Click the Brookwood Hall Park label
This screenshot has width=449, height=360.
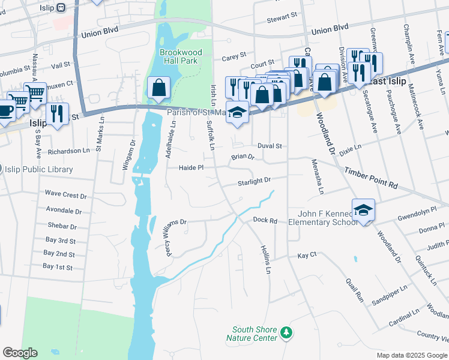pyautogui.click(x=181, y=57)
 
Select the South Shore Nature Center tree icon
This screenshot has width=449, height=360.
pyautogui.click(x=287, y=332)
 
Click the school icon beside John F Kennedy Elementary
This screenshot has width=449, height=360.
pyautogui.click(x=363, y=210)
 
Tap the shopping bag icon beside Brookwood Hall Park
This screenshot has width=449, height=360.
pyautogui.click(x=158, y=88)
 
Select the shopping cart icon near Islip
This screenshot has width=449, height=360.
pyautogui.click(x=35, y=94)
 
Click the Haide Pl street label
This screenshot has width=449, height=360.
pyautogui.click(x=191, y=168)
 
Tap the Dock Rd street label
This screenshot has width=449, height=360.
pyautogui.click(x=265, y=221)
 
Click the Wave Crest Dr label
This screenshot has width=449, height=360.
pyautogui.click(x=66, y=195)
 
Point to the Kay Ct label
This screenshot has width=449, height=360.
pyautogui.click(x=307, y=256)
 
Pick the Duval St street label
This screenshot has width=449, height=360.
pyautogui.click(x=270, y=146)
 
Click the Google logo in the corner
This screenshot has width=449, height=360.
pyautogui.click(x=20, y=352)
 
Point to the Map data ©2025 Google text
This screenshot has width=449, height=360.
pyautogui.click(x=411, y=355)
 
